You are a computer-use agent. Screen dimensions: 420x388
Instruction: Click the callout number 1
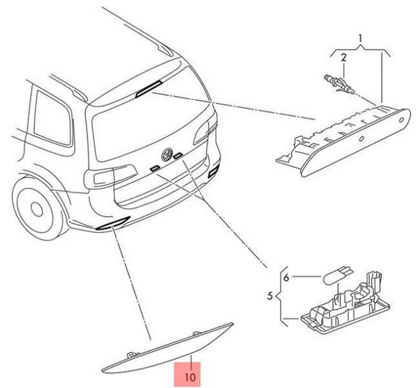(x=360, y=39)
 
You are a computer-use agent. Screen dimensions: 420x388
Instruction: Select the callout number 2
(x=344, y=58)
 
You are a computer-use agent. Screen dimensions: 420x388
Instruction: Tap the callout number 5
(x=269, y=296)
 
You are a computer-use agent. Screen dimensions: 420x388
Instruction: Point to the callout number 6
(x=286, y=278)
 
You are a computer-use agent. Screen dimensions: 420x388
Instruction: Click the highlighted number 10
(x=190, y=377)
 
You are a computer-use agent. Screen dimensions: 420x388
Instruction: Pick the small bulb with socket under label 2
(x=339, y=84)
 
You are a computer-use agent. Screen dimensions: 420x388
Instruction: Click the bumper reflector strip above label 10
(x=168, y=349)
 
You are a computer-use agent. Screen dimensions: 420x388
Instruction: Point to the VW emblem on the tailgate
(x=167, y=155)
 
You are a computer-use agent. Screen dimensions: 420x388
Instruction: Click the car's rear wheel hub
(x=37, y=208)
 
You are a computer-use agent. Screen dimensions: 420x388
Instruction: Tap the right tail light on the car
(x=205, y=133)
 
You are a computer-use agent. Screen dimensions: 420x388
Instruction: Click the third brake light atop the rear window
(x=148, y=89)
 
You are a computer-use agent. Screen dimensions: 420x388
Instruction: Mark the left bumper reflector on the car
(x=113, y=223)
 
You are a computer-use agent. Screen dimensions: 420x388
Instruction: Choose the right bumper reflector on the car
(x=213, y=172)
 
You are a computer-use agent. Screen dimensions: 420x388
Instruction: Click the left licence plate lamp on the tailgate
(x=154, y=168)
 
